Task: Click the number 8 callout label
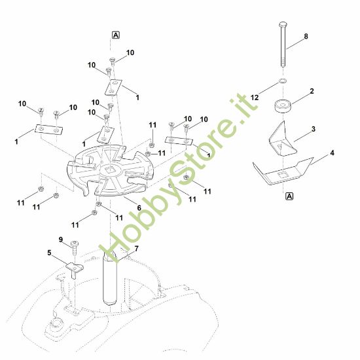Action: pos(306,36)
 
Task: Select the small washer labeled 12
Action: pos(283,81)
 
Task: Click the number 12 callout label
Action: pos(255,98)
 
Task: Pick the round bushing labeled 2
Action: pos(283,106)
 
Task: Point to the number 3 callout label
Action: pos(314,129)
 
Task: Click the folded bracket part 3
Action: pos(283,140)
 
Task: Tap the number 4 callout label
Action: pos(333,153)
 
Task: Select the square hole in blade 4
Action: pos(282,175)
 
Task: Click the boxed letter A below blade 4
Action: pos(290,196)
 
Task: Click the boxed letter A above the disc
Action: pos(116,35)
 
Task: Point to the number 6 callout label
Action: pos(139,207)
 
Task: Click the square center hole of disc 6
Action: pos(111,170)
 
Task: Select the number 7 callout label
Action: pos(137,249)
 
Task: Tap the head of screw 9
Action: pos(75,243)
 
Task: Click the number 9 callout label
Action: pos(61,240)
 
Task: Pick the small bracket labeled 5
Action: pos(75,268)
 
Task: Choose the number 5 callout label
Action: pos(49,253)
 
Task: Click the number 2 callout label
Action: pos(312,91)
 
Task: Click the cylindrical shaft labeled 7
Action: pos(110,279)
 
